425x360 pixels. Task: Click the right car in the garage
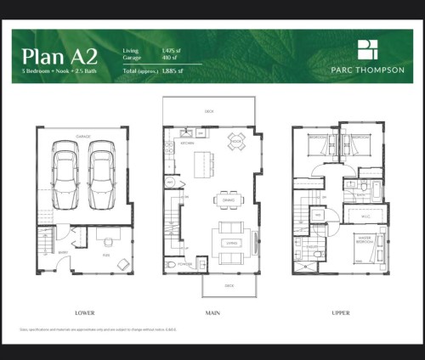tap(101, 170)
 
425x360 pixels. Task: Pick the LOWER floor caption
tap(85, 312)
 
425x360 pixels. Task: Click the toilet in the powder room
tap(173, 264)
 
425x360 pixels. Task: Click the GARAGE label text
tap(84, 135)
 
